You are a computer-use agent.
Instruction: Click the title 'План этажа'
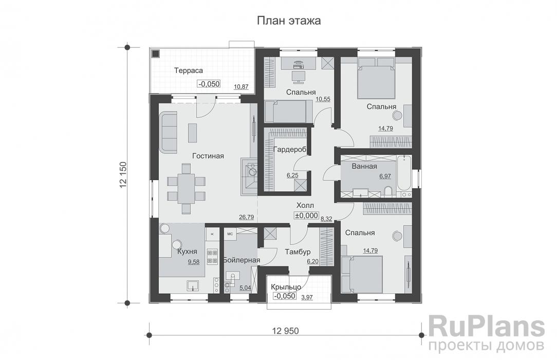289,21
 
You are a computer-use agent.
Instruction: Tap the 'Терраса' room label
189,70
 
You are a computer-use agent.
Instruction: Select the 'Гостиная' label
208,156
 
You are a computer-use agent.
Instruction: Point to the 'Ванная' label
364,166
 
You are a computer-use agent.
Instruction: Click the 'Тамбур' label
298,252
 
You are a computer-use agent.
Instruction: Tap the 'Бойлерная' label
242,260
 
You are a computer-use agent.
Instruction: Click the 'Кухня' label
187,252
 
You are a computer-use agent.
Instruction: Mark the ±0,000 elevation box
306,216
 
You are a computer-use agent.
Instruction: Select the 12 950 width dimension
283,330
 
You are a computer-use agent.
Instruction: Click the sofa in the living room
168,133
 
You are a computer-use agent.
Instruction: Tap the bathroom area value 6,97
385,176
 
